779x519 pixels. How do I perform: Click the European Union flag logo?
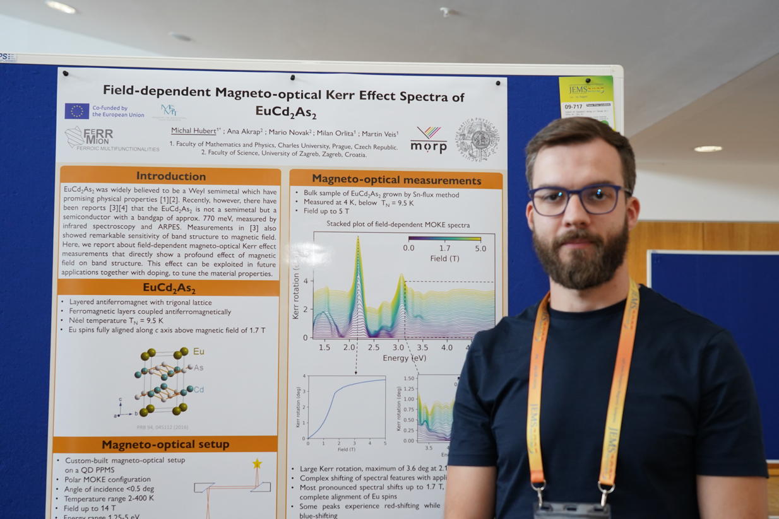76,111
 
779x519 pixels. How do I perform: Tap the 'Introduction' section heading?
170,176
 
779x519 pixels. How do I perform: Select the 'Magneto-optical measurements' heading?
396,180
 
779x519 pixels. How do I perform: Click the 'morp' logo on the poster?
429,140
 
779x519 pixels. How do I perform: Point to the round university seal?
477,139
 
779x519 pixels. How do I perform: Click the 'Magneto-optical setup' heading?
165,445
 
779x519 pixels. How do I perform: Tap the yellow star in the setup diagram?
257,464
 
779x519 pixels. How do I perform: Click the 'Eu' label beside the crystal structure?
199,351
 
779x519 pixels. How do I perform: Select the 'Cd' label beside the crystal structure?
199,390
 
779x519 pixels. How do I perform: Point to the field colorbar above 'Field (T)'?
444,239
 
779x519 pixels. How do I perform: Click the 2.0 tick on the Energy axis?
349,347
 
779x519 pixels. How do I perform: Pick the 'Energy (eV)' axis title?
404,358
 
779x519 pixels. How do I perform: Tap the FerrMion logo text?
98,136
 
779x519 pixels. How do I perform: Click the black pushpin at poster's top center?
292,78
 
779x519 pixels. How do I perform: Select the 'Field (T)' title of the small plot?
347,450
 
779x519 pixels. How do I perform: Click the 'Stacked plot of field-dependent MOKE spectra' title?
398,225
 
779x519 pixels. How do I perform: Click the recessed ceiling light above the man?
708,149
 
